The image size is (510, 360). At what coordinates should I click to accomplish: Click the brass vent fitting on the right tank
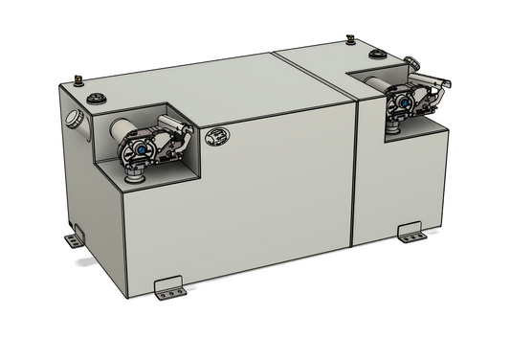coord(350,39)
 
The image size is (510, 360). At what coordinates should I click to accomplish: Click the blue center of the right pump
coord(396,104)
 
